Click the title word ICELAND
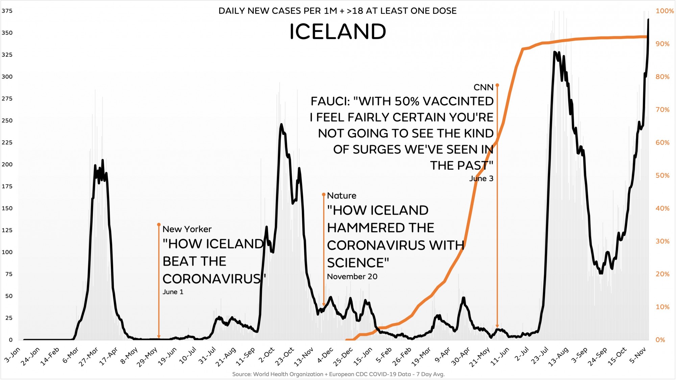click(337, 32)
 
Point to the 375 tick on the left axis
click(7, 11)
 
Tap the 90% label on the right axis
click(662, 44)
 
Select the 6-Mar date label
click(70, 355)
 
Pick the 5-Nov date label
click(637, 355)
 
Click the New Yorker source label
click(187, 229)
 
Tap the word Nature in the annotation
click(341, 196)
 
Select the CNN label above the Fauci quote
click(483, 87)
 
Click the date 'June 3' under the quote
click(481, 179)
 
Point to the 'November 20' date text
click(352, 277)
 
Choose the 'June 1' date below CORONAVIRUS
click(173, 292)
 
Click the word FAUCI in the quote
click(330, 101)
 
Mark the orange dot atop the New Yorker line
click(159, 224)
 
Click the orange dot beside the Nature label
click(323, 195)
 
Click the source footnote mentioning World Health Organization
click(338, 374)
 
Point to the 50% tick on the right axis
click(662, 175)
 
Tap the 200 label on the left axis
click(7, 164)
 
